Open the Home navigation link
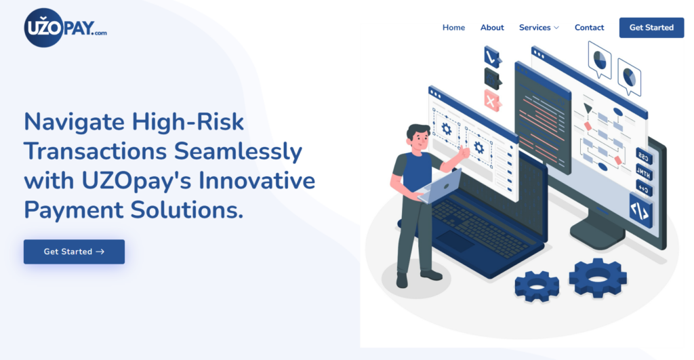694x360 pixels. [453, 28]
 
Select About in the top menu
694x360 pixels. [492, 28]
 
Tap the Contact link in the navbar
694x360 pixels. [589, 28]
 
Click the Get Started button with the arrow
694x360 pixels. [74, 252]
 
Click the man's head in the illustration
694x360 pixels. [417, 137]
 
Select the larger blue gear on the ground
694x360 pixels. [598, 277]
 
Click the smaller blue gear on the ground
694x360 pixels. [537, 287]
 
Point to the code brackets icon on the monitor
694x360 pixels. [639, 210]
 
